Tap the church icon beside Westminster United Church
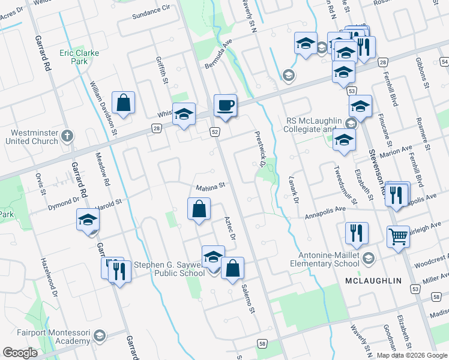click(67, 136)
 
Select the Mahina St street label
click(210, 186)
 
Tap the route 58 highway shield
click(262, 343)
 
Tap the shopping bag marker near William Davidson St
click(123, 103)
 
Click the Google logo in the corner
click(20, 353)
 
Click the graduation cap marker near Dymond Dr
click(88, 221)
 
